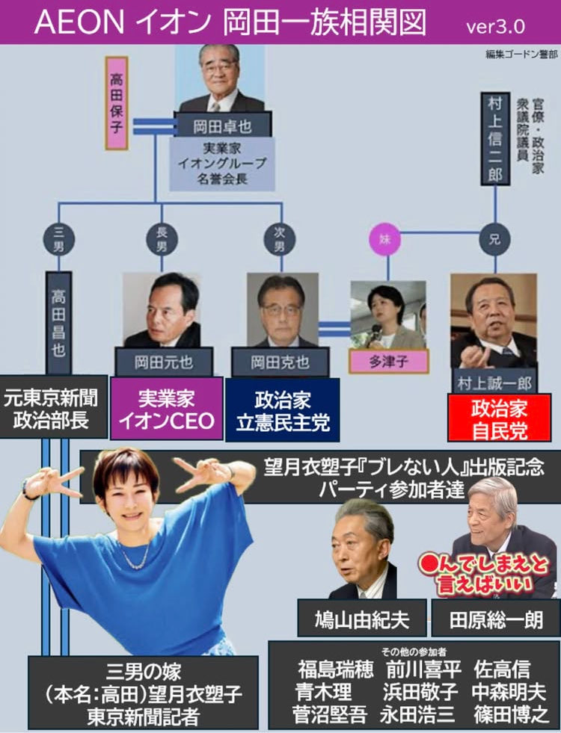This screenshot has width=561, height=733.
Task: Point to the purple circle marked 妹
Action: pos(384,240)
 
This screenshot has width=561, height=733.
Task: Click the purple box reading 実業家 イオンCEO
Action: pos(166,408)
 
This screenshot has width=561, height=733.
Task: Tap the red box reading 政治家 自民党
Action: pos(498,418)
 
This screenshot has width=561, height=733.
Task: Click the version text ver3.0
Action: pos(495,26)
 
